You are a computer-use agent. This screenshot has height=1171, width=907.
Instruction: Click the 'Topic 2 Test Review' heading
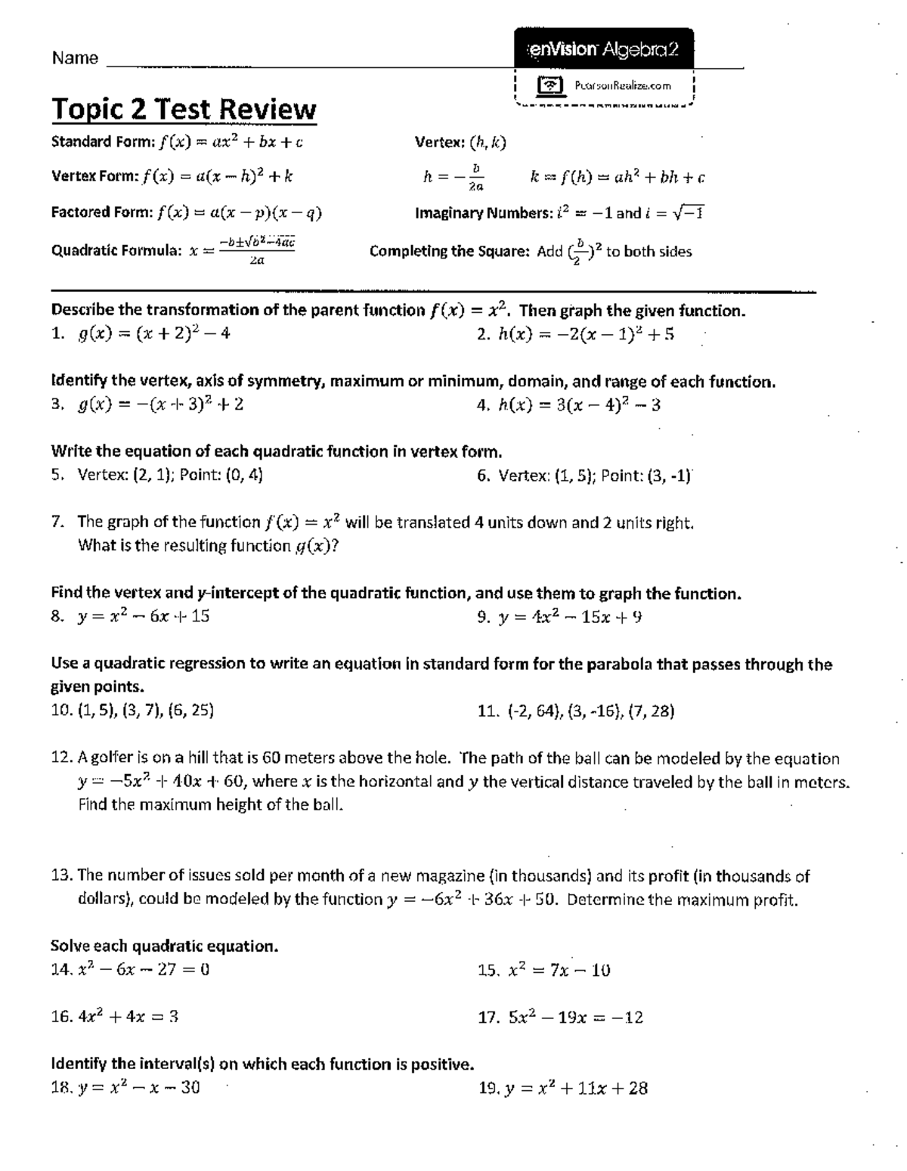coord(184,110)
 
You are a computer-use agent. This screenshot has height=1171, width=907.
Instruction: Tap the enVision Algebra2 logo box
coord(602,50)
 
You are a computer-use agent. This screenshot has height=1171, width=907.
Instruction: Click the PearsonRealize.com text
coord(622,85)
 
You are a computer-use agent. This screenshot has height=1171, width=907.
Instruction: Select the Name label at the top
coord(75,58)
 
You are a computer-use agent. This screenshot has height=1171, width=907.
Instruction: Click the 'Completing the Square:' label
coord(449,252)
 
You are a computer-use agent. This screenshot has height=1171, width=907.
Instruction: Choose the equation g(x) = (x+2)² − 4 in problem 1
coord(154,333)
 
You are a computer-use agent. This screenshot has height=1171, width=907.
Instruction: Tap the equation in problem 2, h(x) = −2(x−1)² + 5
coord(586,334)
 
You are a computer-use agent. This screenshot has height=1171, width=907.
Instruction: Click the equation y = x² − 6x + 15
coord(144,616)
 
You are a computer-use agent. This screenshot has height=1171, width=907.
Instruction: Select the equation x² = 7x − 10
coord(559,970)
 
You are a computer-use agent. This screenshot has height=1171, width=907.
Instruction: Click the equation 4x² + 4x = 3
coord(128,1017)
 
